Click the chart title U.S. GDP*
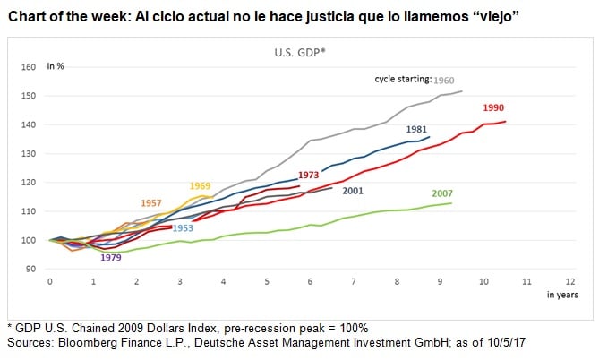(300, 51)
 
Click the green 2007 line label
(442, 193)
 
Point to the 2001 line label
(353, 190)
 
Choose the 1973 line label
(309, 175)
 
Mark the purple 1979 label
(111, 258)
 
